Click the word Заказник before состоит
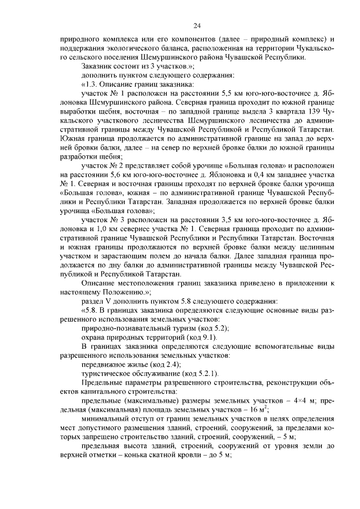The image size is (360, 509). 98,66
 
